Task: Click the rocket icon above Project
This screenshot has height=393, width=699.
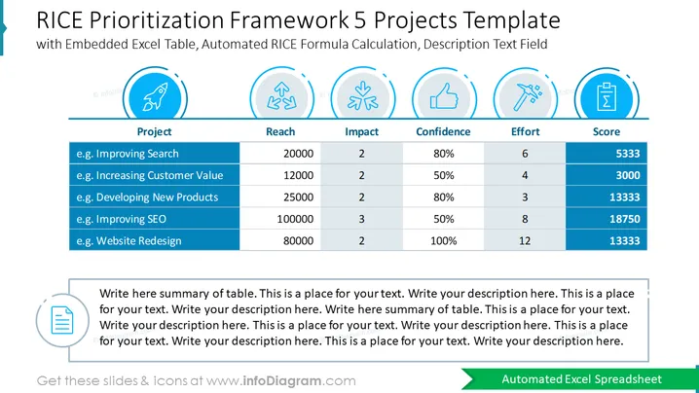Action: [155, 96]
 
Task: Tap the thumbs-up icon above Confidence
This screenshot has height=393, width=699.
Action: [444, 96]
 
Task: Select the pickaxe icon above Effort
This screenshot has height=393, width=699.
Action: [526, 96]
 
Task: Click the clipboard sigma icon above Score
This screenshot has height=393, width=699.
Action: [607, 96]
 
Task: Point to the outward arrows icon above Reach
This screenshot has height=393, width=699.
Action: [281, 95]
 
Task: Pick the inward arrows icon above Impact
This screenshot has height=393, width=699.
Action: [363, 95]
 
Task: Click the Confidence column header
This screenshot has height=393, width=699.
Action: [443, 131]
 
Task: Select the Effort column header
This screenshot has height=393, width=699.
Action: [525, 131]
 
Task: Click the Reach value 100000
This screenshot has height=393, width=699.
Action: [295, 219]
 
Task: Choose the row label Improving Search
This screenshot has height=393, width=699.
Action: [128, 154]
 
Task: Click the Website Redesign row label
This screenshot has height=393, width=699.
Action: [129, 241]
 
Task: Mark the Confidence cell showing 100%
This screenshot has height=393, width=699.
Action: [444, 241]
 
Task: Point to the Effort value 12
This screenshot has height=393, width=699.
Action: [525, 241]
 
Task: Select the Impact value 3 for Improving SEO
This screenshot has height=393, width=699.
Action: [361, 219]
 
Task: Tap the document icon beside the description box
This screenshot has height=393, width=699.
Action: [62, 320]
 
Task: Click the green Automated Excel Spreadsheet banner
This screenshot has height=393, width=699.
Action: [579, 379]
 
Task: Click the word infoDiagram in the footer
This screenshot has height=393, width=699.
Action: [281, 381]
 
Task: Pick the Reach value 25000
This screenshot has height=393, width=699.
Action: [298, 197]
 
